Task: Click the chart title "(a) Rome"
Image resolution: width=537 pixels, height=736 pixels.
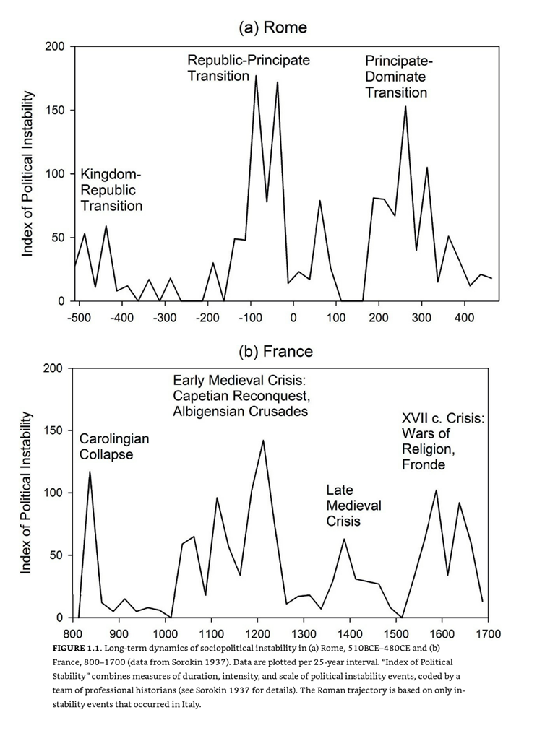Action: pos(273,27)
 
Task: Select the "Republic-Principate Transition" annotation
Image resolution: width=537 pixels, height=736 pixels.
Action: pos(249,67)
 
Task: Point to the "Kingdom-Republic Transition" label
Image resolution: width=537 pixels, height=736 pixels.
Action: pos(111,190)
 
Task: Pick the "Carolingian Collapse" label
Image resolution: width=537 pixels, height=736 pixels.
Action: pos(114,446)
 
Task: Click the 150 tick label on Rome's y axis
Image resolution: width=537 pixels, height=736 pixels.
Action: pos(56,111)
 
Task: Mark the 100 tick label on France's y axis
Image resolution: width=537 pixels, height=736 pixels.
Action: pos(56,493)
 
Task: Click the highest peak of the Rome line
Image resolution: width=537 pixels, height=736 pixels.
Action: pos(256,75)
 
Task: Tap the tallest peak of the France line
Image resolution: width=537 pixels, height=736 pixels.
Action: pos(263,440)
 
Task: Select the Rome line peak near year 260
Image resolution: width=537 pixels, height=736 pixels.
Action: pos(405,106)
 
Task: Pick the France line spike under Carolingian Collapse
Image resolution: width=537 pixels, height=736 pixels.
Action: pos(90,472)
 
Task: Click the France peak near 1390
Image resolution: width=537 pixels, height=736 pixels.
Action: pos(344,539)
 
